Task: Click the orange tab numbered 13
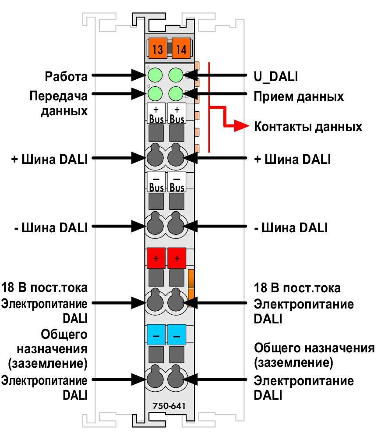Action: (x=158, y=48)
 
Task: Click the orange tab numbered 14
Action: (x=181, y=48)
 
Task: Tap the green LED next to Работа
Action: (x=155, y=75)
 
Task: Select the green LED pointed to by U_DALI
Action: (x=176, y=75)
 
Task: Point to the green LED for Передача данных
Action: (x=155, y=94)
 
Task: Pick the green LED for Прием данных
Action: (x=176, y=94)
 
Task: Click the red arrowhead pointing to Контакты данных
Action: (x=241, y=126)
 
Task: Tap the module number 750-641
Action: (x=169, y=406)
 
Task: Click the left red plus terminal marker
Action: (x=156, y=258)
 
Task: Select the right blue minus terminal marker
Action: (x=177, y=335)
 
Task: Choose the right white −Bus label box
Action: (x=177, y=182)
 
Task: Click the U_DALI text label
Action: (x=276, y=77)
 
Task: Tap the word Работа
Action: (x=66, y=76)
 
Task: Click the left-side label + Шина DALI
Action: (x=49, y=160)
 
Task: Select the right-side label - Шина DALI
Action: (x=291, y=227)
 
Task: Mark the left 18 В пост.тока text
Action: (x=44, y=287)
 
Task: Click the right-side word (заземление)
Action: (x=293, y=362)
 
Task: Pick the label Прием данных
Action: (x=299, y=97)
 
